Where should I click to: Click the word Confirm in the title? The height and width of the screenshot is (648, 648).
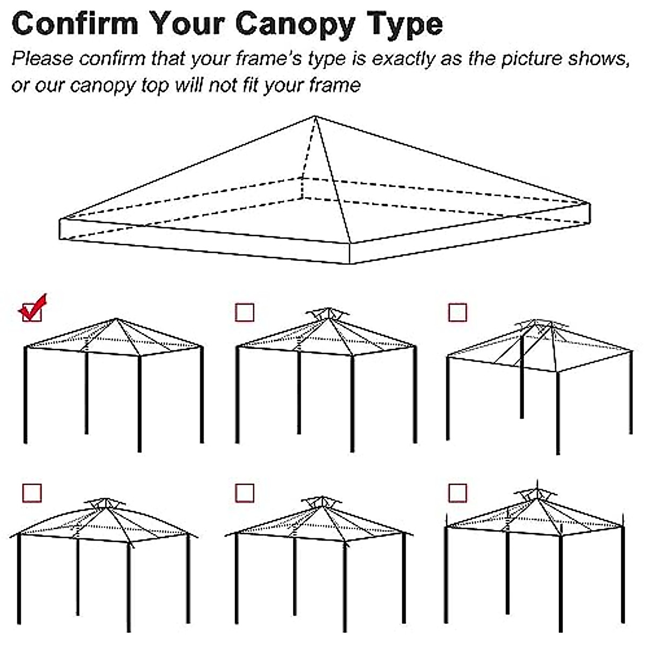75,24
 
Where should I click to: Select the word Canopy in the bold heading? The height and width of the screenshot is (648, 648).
295,24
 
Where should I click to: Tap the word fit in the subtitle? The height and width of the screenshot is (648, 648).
247,85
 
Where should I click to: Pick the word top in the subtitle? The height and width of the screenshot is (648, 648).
156,85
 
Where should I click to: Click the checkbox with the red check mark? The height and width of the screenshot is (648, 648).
32,312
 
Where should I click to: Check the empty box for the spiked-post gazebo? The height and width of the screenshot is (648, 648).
457,492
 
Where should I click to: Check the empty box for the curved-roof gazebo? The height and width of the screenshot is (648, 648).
32,492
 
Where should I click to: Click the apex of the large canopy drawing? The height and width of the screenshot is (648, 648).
315,116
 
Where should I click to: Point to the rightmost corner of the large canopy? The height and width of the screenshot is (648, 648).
589,204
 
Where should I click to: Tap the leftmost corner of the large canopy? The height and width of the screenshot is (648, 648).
59,220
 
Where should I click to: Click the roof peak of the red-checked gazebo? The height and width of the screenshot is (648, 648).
117,319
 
